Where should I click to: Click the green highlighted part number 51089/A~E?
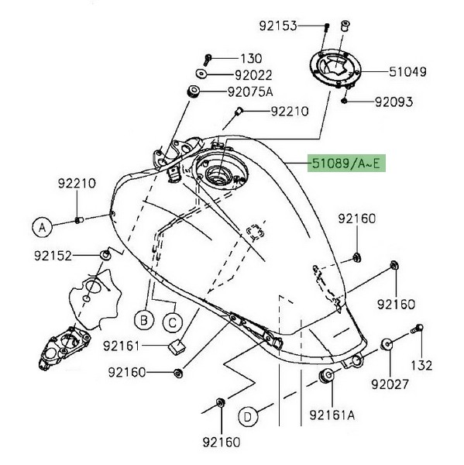click(346, 163)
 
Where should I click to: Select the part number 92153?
click(278, 26)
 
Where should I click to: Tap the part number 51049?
click(407, 72)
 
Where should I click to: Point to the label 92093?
click(394, 102)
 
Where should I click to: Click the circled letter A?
click(42, 227)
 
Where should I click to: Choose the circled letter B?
click(144, 321)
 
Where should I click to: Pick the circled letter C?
click(173, 322)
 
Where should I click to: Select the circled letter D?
click(248, 417)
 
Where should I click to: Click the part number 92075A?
click(250, 92)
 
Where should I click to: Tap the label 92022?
click(253, 75)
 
